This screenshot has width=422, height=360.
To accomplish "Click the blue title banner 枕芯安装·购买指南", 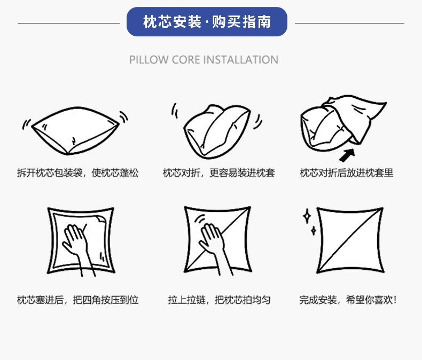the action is (x=207, y=22).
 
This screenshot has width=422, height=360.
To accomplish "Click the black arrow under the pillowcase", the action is (x=348, y=154).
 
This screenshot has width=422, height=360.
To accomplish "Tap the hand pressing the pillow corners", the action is (x=76, y=246).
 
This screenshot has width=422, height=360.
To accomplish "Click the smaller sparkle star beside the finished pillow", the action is (x=314, y=230).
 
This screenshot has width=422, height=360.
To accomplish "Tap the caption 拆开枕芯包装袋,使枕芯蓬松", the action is (x=77, y=173).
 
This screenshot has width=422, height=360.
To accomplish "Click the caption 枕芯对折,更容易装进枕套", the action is (x=219, y=173).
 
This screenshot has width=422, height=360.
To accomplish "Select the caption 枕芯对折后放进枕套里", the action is (x=347, y=173).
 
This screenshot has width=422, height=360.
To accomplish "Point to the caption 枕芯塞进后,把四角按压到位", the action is (x=77, y=300).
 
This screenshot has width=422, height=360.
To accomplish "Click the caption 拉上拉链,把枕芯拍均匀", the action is (x=219, y=300).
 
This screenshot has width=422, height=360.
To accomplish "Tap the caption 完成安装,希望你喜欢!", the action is (x=348, y=300).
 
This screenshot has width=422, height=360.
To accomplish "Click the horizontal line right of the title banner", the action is (x=349, y=23).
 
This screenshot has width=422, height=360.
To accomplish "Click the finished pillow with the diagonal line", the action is (x=350, y=240).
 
